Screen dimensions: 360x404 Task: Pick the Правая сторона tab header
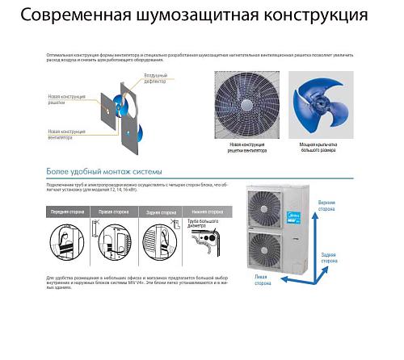coord(114,212)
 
